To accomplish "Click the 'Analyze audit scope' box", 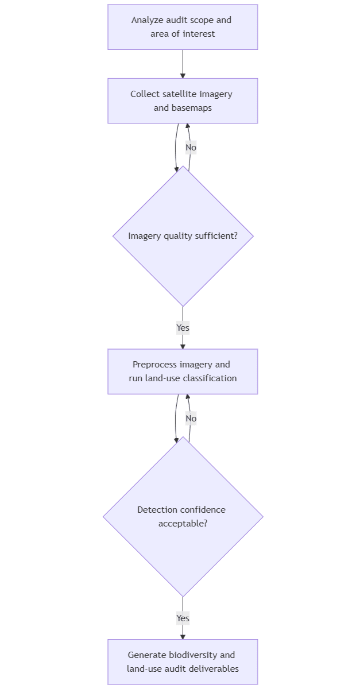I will (183, 27).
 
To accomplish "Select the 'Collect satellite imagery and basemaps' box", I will (183, 100).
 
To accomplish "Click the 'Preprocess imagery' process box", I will (183, 371).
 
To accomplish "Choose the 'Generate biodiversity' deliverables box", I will (183, 661).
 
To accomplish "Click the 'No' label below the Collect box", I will (191, 148).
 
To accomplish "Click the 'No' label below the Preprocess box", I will (191, 419).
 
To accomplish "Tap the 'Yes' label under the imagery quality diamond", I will (183, 328).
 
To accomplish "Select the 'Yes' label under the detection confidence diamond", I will (183, 618).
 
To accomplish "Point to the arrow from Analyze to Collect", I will (183, 64).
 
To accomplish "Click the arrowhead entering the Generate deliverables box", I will (183, 636).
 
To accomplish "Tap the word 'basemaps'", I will (192, 108).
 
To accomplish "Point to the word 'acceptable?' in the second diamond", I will (183, 523).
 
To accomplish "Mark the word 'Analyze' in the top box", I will (147, 20).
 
